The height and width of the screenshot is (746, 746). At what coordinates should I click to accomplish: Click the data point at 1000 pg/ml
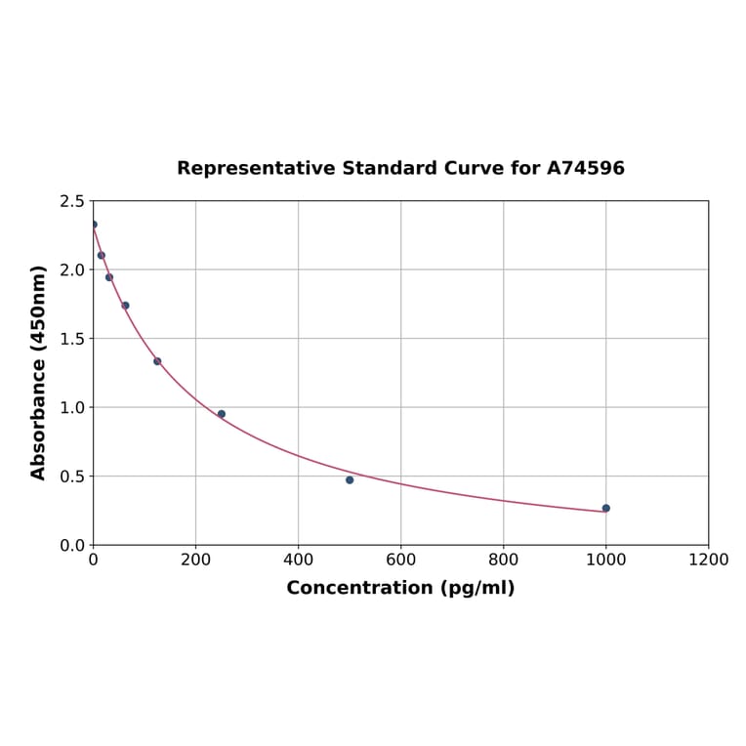[605, 508]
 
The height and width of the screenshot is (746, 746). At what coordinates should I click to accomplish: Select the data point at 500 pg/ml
[350, 479]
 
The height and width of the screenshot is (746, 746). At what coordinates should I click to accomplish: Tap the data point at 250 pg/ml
[222, 414]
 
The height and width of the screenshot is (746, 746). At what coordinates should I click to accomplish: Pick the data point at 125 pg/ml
[157, 361]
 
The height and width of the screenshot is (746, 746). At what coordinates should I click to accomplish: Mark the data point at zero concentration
[94, 225]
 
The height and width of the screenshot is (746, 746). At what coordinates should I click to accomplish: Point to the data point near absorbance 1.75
[125, 306]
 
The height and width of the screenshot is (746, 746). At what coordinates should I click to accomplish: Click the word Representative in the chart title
[256, 169]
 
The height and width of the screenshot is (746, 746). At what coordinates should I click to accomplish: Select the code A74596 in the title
[585, 169]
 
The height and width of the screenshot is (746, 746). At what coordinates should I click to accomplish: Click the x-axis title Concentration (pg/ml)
[400, 588]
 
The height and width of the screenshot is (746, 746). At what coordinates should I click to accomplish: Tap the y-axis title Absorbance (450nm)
[39, 372]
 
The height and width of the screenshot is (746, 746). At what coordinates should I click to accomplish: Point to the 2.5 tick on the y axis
[71, 201]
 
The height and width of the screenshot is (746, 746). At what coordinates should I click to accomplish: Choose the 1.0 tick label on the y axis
[71, 407]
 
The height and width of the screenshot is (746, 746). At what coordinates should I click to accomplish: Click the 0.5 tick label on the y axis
[71, 477]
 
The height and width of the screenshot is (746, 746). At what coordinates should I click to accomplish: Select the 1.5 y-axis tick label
[71, 339]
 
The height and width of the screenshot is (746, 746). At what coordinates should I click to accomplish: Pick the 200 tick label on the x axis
[195, 560]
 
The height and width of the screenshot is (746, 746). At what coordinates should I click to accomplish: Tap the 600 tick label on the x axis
[400, 560]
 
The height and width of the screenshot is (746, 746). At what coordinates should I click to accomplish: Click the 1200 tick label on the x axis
[708, 560]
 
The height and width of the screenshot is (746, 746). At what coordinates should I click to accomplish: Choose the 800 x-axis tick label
[503, 560]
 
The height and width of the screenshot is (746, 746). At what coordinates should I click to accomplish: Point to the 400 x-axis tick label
[298, 560]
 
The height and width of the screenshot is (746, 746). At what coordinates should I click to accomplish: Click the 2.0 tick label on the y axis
[71, 269]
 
